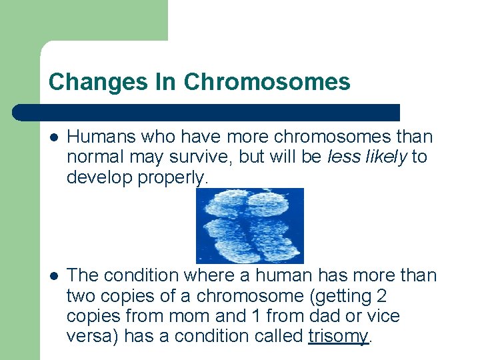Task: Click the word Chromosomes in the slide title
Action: click(x=267, y=82)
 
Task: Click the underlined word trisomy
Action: click(x=338, y=336)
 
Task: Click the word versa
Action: click(x=89, y=336)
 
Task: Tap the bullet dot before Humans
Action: click(x=53, y=138)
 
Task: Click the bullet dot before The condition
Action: click(x=53, y=276)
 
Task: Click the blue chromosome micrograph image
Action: click(x=249, y=225)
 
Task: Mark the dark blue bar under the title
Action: click(x=207, y=112)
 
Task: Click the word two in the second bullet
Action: click(x=81, y=296)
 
